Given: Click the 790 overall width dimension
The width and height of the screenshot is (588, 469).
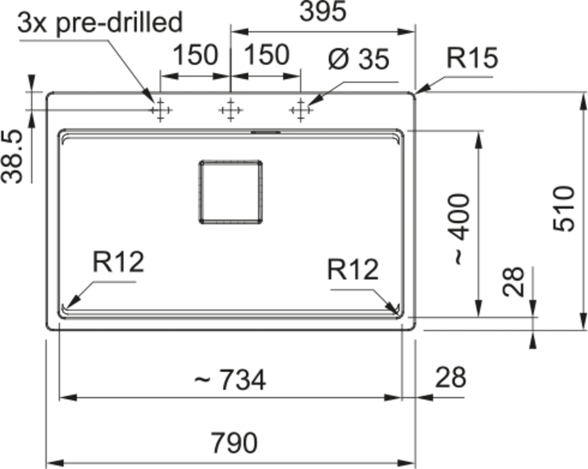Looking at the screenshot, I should point(234,443).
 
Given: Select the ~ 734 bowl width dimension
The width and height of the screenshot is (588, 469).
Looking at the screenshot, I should point(230,380).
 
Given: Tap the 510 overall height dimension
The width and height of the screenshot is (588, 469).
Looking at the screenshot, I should point(564,209).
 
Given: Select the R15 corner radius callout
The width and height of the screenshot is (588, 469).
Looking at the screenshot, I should point(472,58).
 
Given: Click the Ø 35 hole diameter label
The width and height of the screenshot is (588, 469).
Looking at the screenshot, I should point(358,59).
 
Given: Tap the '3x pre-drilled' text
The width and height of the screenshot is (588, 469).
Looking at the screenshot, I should point(100,22).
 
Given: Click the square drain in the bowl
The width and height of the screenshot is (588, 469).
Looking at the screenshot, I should point(230,192).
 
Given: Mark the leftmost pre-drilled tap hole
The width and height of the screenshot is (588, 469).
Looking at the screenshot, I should point(160,110).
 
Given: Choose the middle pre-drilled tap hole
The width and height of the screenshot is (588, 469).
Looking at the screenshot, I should point(231,110).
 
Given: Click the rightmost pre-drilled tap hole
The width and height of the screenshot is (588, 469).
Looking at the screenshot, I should point(301,110).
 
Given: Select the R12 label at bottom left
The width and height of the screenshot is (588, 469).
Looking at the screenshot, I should point(118,262).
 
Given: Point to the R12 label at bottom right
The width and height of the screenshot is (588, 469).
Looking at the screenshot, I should point(353,269).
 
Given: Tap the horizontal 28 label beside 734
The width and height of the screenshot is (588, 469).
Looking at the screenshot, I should point(450,377).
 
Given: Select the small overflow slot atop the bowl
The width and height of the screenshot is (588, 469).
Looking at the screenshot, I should point(266,132).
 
